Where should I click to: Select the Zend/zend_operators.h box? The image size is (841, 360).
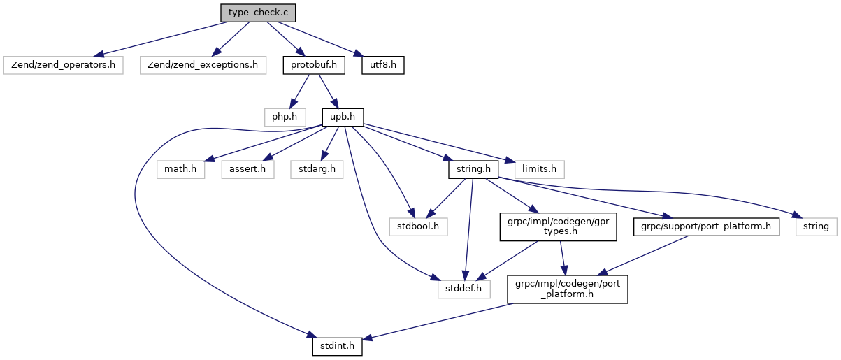[x=63, y=65]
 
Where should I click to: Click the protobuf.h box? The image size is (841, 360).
[x=314, y=65]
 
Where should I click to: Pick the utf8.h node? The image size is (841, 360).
[x=383, y=65]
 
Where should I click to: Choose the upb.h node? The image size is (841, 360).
[x=343, y=117]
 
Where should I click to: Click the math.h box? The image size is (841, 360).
[x=180, y=168]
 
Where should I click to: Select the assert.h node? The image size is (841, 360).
[x=248, y=168]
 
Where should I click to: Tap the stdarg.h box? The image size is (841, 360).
[x=317, y=168]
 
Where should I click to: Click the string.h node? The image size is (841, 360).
[x=473, y=168]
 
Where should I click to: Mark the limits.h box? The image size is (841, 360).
[x=539, y=168]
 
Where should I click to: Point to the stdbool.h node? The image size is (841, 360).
[x=418, y=226]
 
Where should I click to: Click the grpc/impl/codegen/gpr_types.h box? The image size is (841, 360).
[x=558, y=226]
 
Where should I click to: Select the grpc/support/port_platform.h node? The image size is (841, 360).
[x=706, y=226]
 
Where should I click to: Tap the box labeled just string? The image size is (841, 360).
[x=816, y=226]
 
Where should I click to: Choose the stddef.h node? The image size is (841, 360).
[x=464, y=288]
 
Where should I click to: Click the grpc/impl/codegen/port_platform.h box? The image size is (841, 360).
[x=567, y=288]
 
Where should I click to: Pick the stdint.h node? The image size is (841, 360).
[x=337, y=345]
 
